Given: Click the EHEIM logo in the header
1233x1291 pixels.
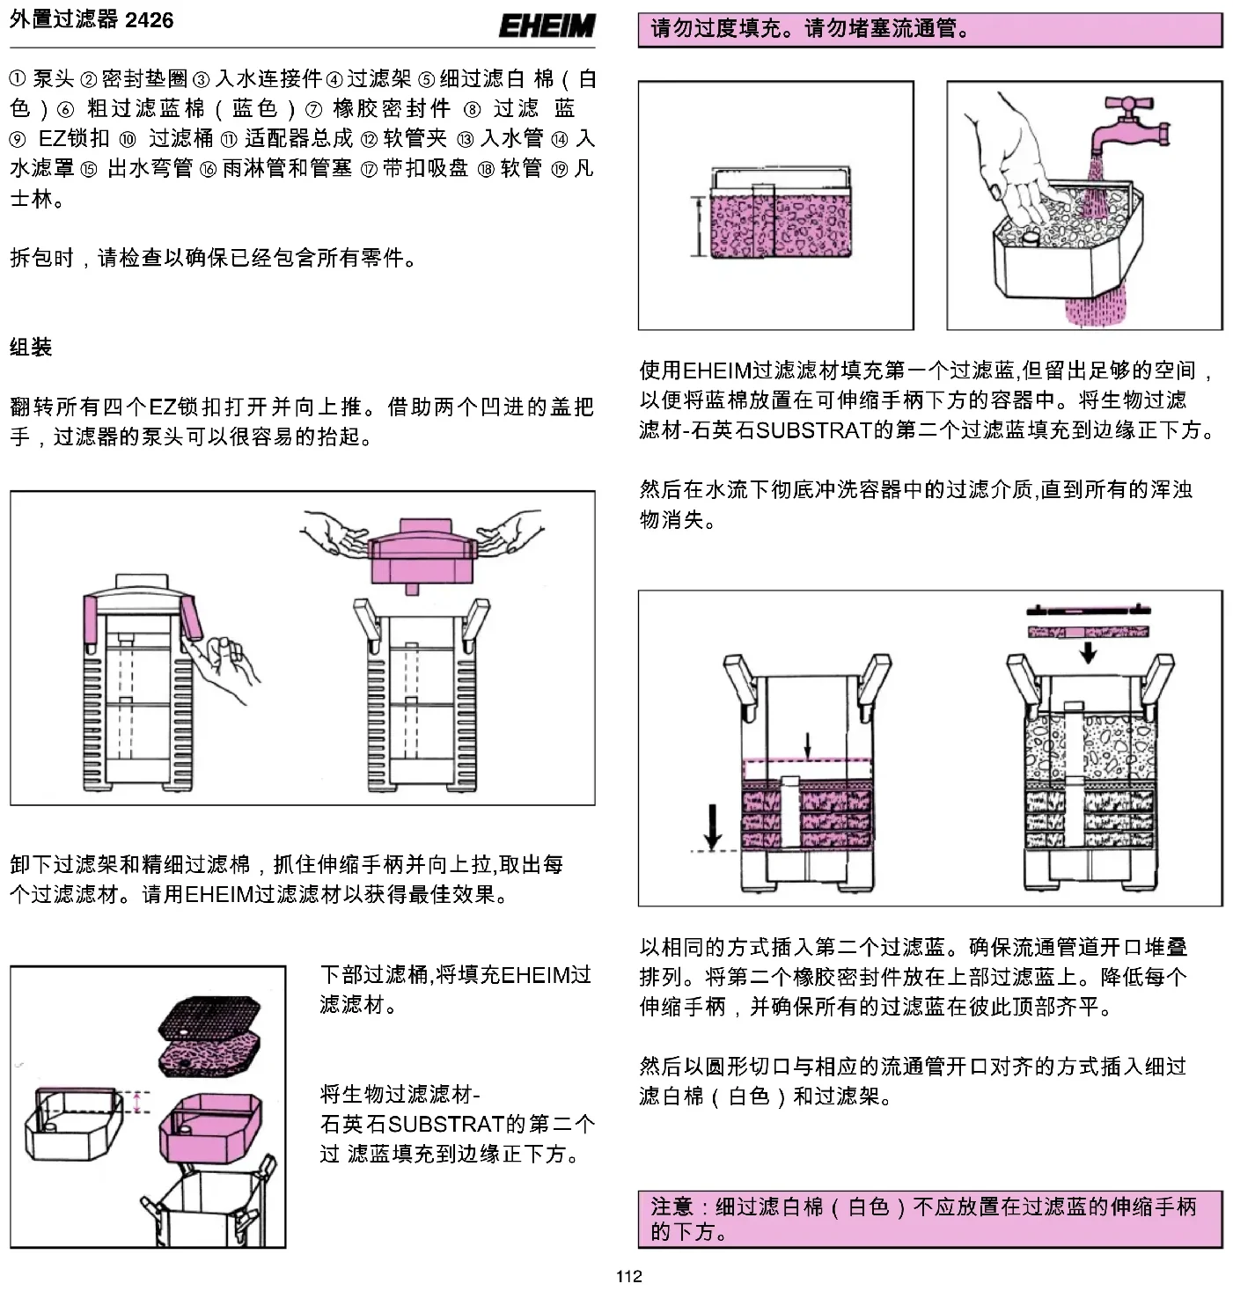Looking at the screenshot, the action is point(547,26).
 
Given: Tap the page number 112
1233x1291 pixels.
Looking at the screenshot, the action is point(628,1276).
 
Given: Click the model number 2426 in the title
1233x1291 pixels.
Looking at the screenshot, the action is point(150,20).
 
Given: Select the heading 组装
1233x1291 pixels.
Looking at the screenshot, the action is point(31,347).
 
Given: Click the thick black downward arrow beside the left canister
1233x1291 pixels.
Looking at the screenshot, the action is point(712,827).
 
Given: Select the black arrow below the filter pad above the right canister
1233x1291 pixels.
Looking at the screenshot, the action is point(1089,653).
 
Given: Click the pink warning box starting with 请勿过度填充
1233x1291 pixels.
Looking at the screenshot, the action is point(929,29).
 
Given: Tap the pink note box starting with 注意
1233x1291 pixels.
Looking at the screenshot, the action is point(929,1218).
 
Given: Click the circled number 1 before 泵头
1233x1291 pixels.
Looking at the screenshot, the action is point(18,78).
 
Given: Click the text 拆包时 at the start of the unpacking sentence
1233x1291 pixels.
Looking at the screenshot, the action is point(41,258).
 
